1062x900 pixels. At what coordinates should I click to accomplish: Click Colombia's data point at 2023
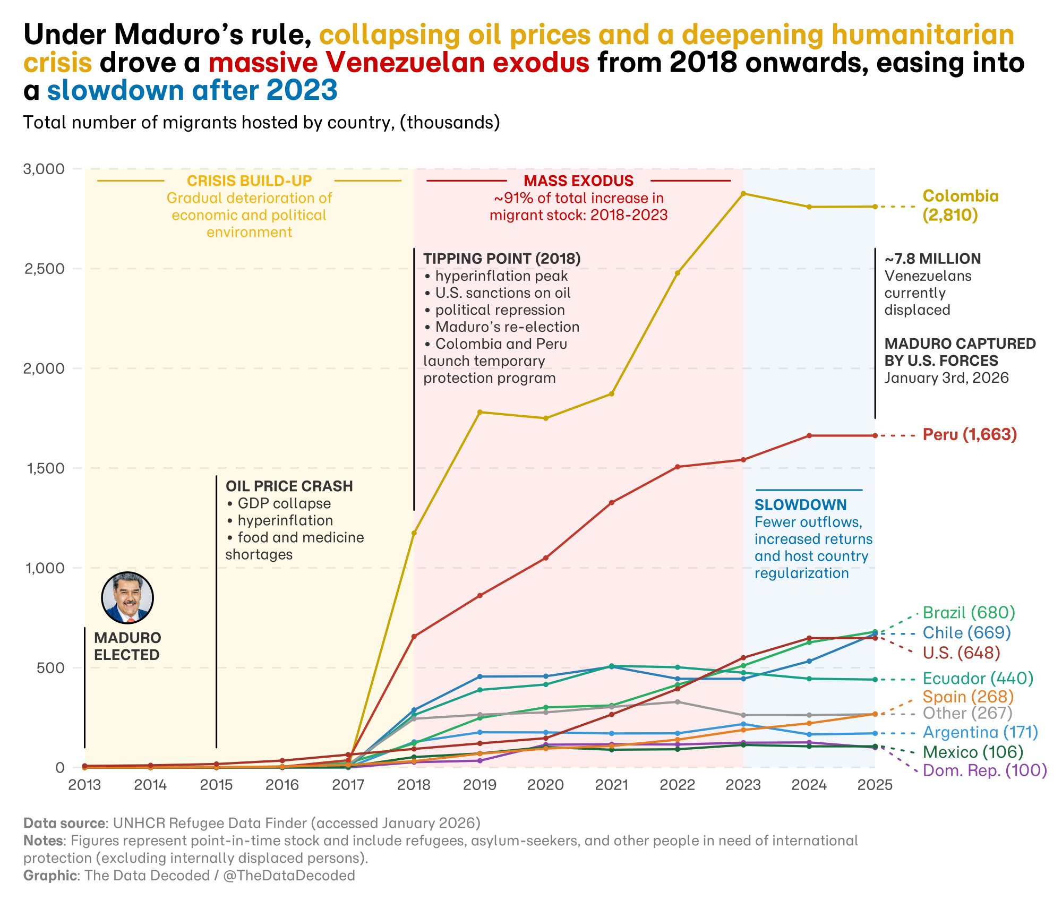(743, 194)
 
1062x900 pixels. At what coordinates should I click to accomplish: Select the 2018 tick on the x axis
(414, 785)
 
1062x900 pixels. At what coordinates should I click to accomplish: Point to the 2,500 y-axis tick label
(45, 269)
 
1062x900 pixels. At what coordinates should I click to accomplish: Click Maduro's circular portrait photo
(127, 598)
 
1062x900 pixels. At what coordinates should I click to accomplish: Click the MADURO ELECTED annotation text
(127, 646)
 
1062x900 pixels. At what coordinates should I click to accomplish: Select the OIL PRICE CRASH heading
(289, 486)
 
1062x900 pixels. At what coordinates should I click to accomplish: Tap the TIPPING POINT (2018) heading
(502, 259)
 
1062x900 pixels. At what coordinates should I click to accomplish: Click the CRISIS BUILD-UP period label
(249, 181)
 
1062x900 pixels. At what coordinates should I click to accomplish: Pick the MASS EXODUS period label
(578, 181)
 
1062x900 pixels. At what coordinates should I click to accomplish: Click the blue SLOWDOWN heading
(800, 505)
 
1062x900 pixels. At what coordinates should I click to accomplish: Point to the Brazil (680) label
(969, 613)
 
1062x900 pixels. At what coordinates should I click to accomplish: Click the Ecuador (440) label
(978, 679)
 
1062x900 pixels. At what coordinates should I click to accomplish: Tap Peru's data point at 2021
(611, 502)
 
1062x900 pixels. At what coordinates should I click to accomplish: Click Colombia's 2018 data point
(414, 533)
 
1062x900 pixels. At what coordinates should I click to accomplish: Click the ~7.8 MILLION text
(932, 259)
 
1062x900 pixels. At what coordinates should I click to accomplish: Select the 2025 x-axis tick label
(875, 785)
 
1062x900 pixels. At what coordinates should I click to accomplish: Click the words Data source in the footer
(64, 823)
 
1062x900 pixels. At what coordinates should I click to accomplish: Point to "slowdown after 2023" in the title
(192, 90)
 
